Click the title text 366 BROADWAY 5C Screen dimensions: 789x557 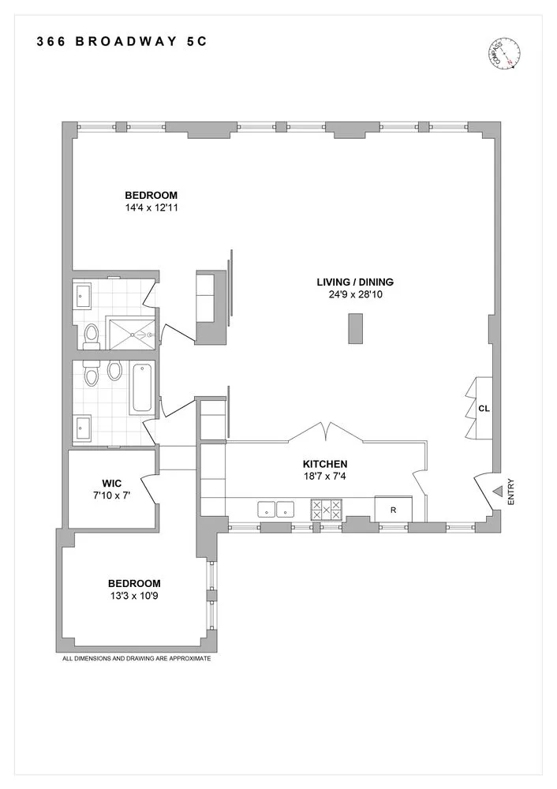pyautogui.click(x=121, y=43)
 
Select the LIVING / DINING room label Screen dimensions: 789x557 pyautogui.click(x=354, y=282)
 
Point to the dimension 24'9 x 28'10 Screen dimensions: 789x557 pyautogui.click(x=354, y=294)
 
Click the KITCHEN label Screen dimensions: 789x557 pyautogui.click(x=325, y=464)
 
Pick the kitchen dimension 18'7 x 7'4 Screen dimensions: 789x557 pyautogui.click(x=325, y=477)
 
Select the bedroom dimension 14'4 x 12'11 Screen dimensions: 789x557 pyautogui.click(x=151, y=208)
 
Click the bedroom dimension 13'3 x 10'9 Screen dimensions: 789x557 pyautogui.click(x=134, y=596)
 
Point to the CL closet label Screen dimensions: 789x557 pyautogui.click(x=484, y=409)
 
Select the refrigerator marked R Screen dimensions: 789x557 pyautogui.click(x=393, y=510)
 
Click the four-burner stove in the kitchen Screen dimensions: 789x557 pyautogui.click(x=326, y=509)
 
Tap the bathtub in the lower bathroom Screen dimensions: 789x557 pyautogui.click(x=142, y=387)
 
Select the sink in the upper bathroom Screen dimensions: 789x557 pyautogui.click(x=84, y=297)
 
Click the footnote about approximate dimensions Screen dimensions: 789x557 pyautogui.click(x=136, y=657)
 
